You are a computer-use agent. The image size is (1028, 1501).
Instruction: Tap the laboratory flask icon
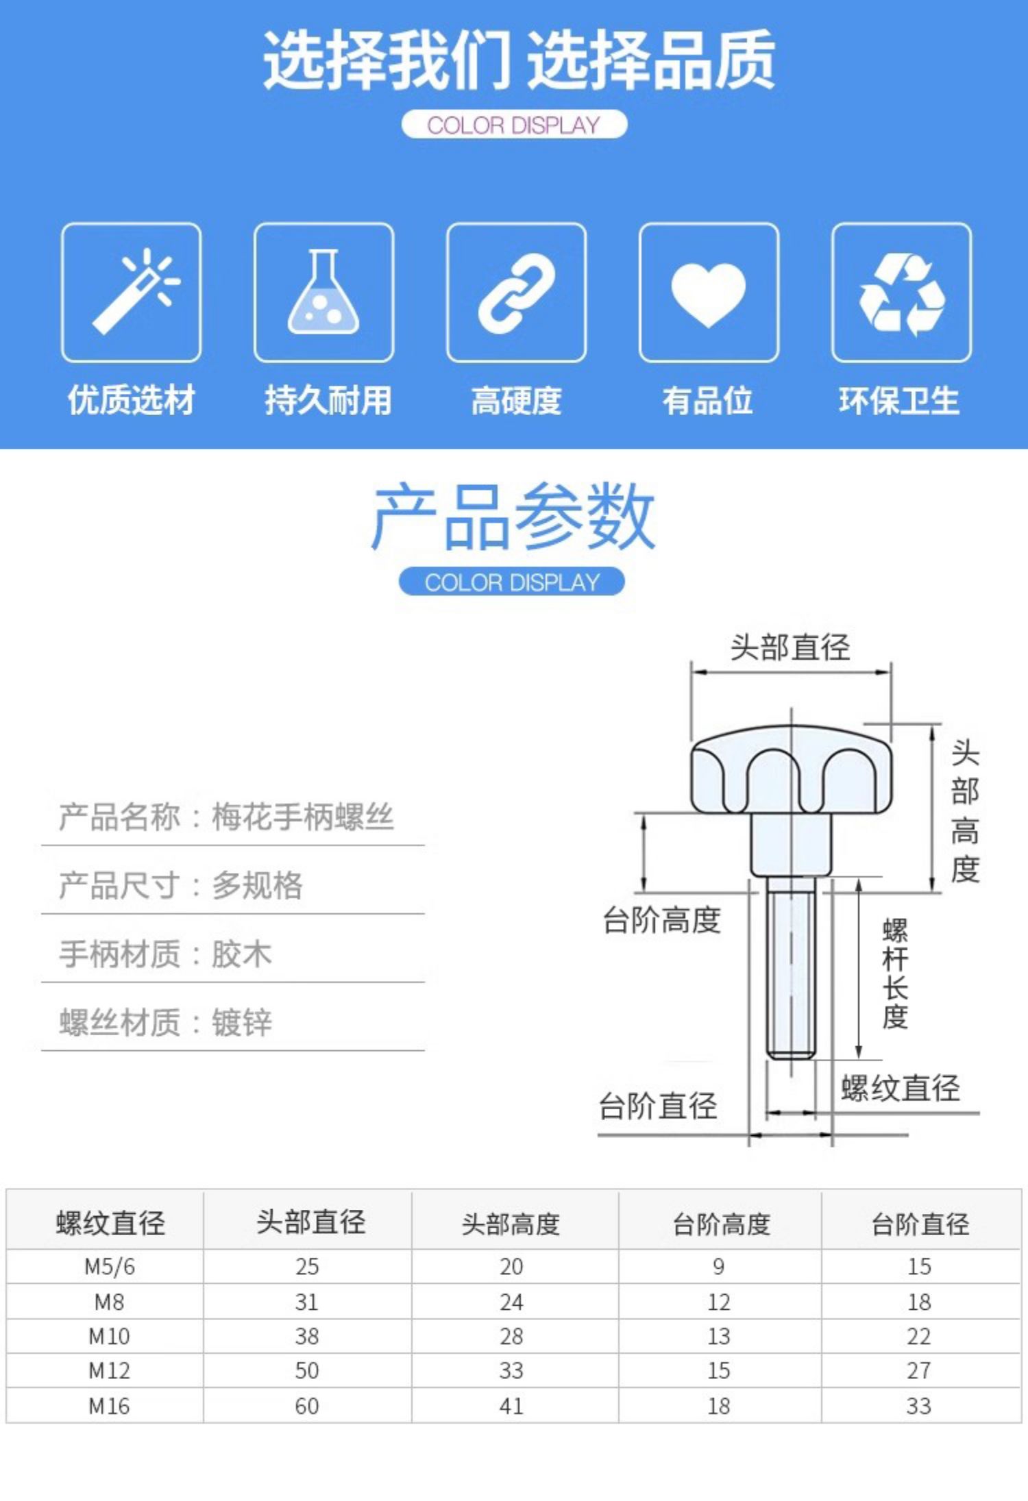point(323,293)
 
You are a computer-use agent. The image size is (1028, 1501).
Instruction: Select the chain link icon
point(516,293)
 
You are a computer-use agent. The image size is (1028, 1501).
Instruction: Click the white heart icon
point(709,293)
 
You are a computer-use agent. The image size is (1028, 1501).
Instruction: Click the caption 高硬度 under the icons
point(516,401)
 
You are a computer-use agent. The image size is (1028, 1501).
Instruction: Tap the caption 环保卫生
point(899,401)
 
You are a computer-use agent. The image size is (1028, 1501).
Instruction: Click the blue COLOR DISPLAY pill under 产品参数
point(511,582)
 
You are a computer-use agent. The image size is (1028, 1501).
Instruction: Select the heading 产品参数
point(513,517)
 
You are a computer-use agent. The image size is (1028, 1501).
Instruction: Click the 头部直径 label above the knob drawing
point(790,647)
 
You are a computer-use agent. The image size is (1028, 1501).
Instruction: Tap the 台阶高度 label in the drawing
point(661,920)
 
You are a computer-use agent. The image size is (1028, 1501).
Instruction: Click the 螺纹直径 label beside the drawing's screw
point(900,1089)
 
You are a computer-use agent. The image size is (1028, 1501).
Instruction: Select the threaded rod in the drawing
point(791,973)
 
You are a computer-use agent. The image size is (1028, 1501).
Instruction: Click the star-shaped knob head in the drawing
point(791,771)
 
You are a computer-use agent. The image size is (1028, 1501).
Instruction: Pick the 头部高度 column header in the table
point(511,1224)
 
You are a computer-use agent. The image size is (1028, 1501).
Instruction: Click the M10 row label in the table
point(109,1336)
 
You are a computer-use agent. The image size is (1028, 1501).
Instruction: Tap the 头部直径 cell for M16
point(306,1406)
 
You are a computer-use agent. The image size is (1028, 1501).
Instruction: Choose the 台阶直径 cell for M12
point(919,1371)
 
